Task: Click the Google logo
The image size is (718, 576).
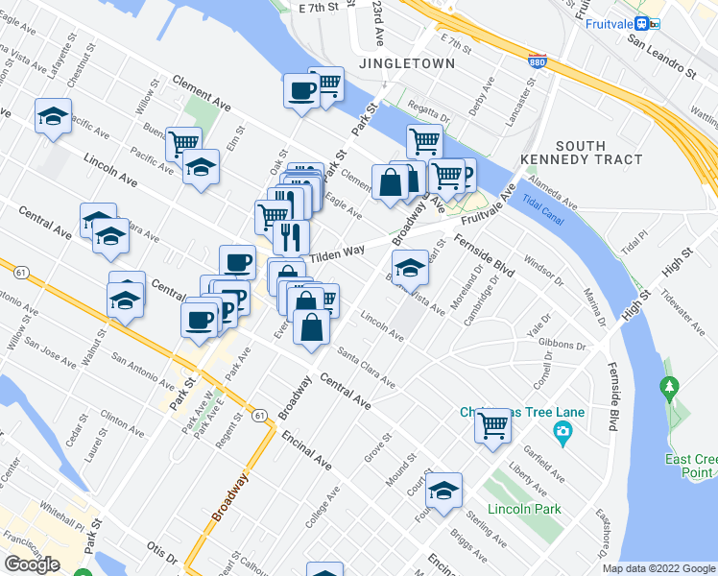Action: pyautogui.click(x=33, y=564)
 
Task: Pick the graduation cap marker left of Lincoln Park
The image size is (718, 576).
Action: pyautogui.click(x=443, y=490)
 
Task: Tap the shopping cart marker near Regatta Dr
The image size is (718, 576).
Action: pyautogui.click(x=424, y=141)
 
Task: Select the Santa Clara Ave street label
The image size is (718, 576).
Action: pyautogui.click(x=367, y=369)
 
